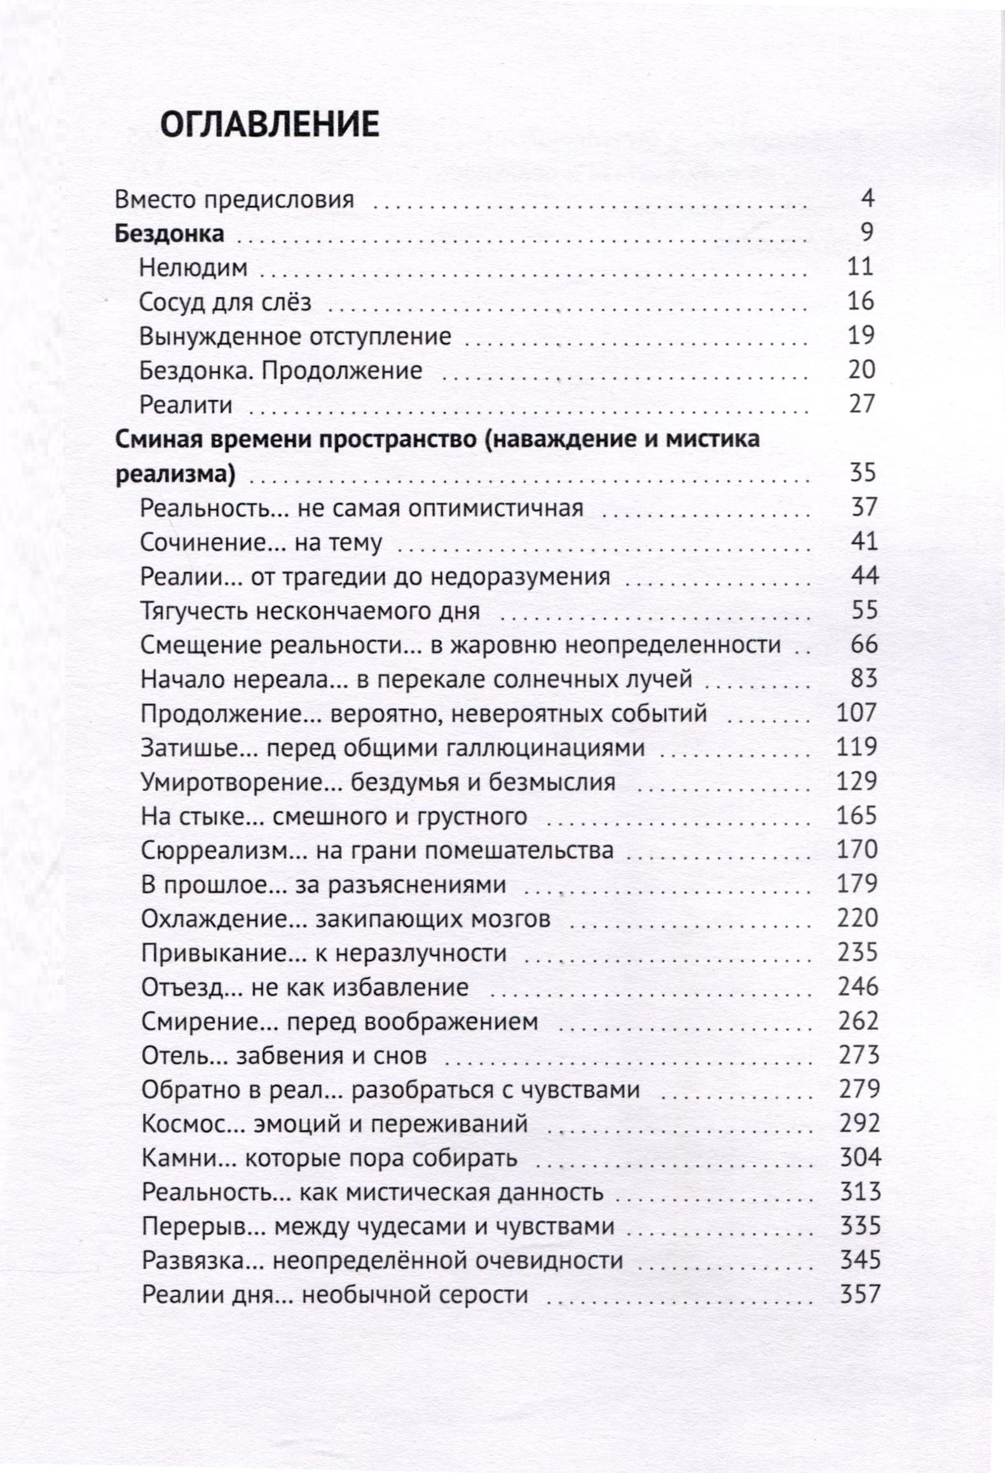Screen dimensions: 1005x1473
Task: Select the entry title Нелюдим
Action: tap(193, 268)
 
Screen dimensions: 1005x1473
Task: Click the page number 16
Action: tap(861, 301)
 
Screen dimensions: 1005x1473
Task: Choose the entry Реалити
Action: tap(186, 405)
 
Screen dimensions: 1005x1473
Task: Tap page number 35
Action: tap(863, 473)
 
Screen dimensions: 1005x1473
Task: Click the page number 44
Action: tap(864, 576)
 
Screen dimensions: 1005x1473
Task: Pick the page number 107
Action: tap(857, 713)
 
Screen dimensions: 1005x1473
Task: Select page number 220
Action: tap(857, 919)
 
